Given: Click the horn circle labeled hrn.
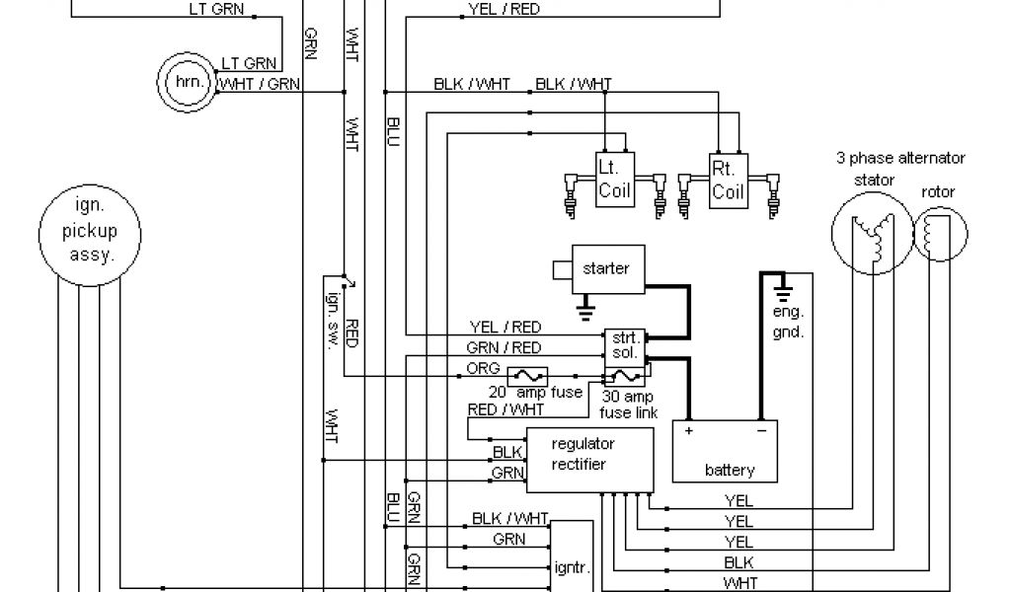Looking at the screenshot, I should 187,82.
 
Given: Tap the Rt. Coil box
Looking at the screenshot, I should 729,179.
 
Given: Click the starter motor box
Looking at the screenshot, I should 604,267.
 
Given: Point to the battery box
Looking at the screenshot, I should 729,451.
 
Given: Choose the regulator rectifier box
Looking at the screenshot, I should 590,460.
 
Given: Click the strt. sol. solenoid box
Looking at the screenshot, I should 623,343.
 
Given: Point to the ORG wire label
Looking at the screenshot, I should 476,368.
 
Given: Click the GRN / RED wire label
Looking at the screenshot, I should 503,347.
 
